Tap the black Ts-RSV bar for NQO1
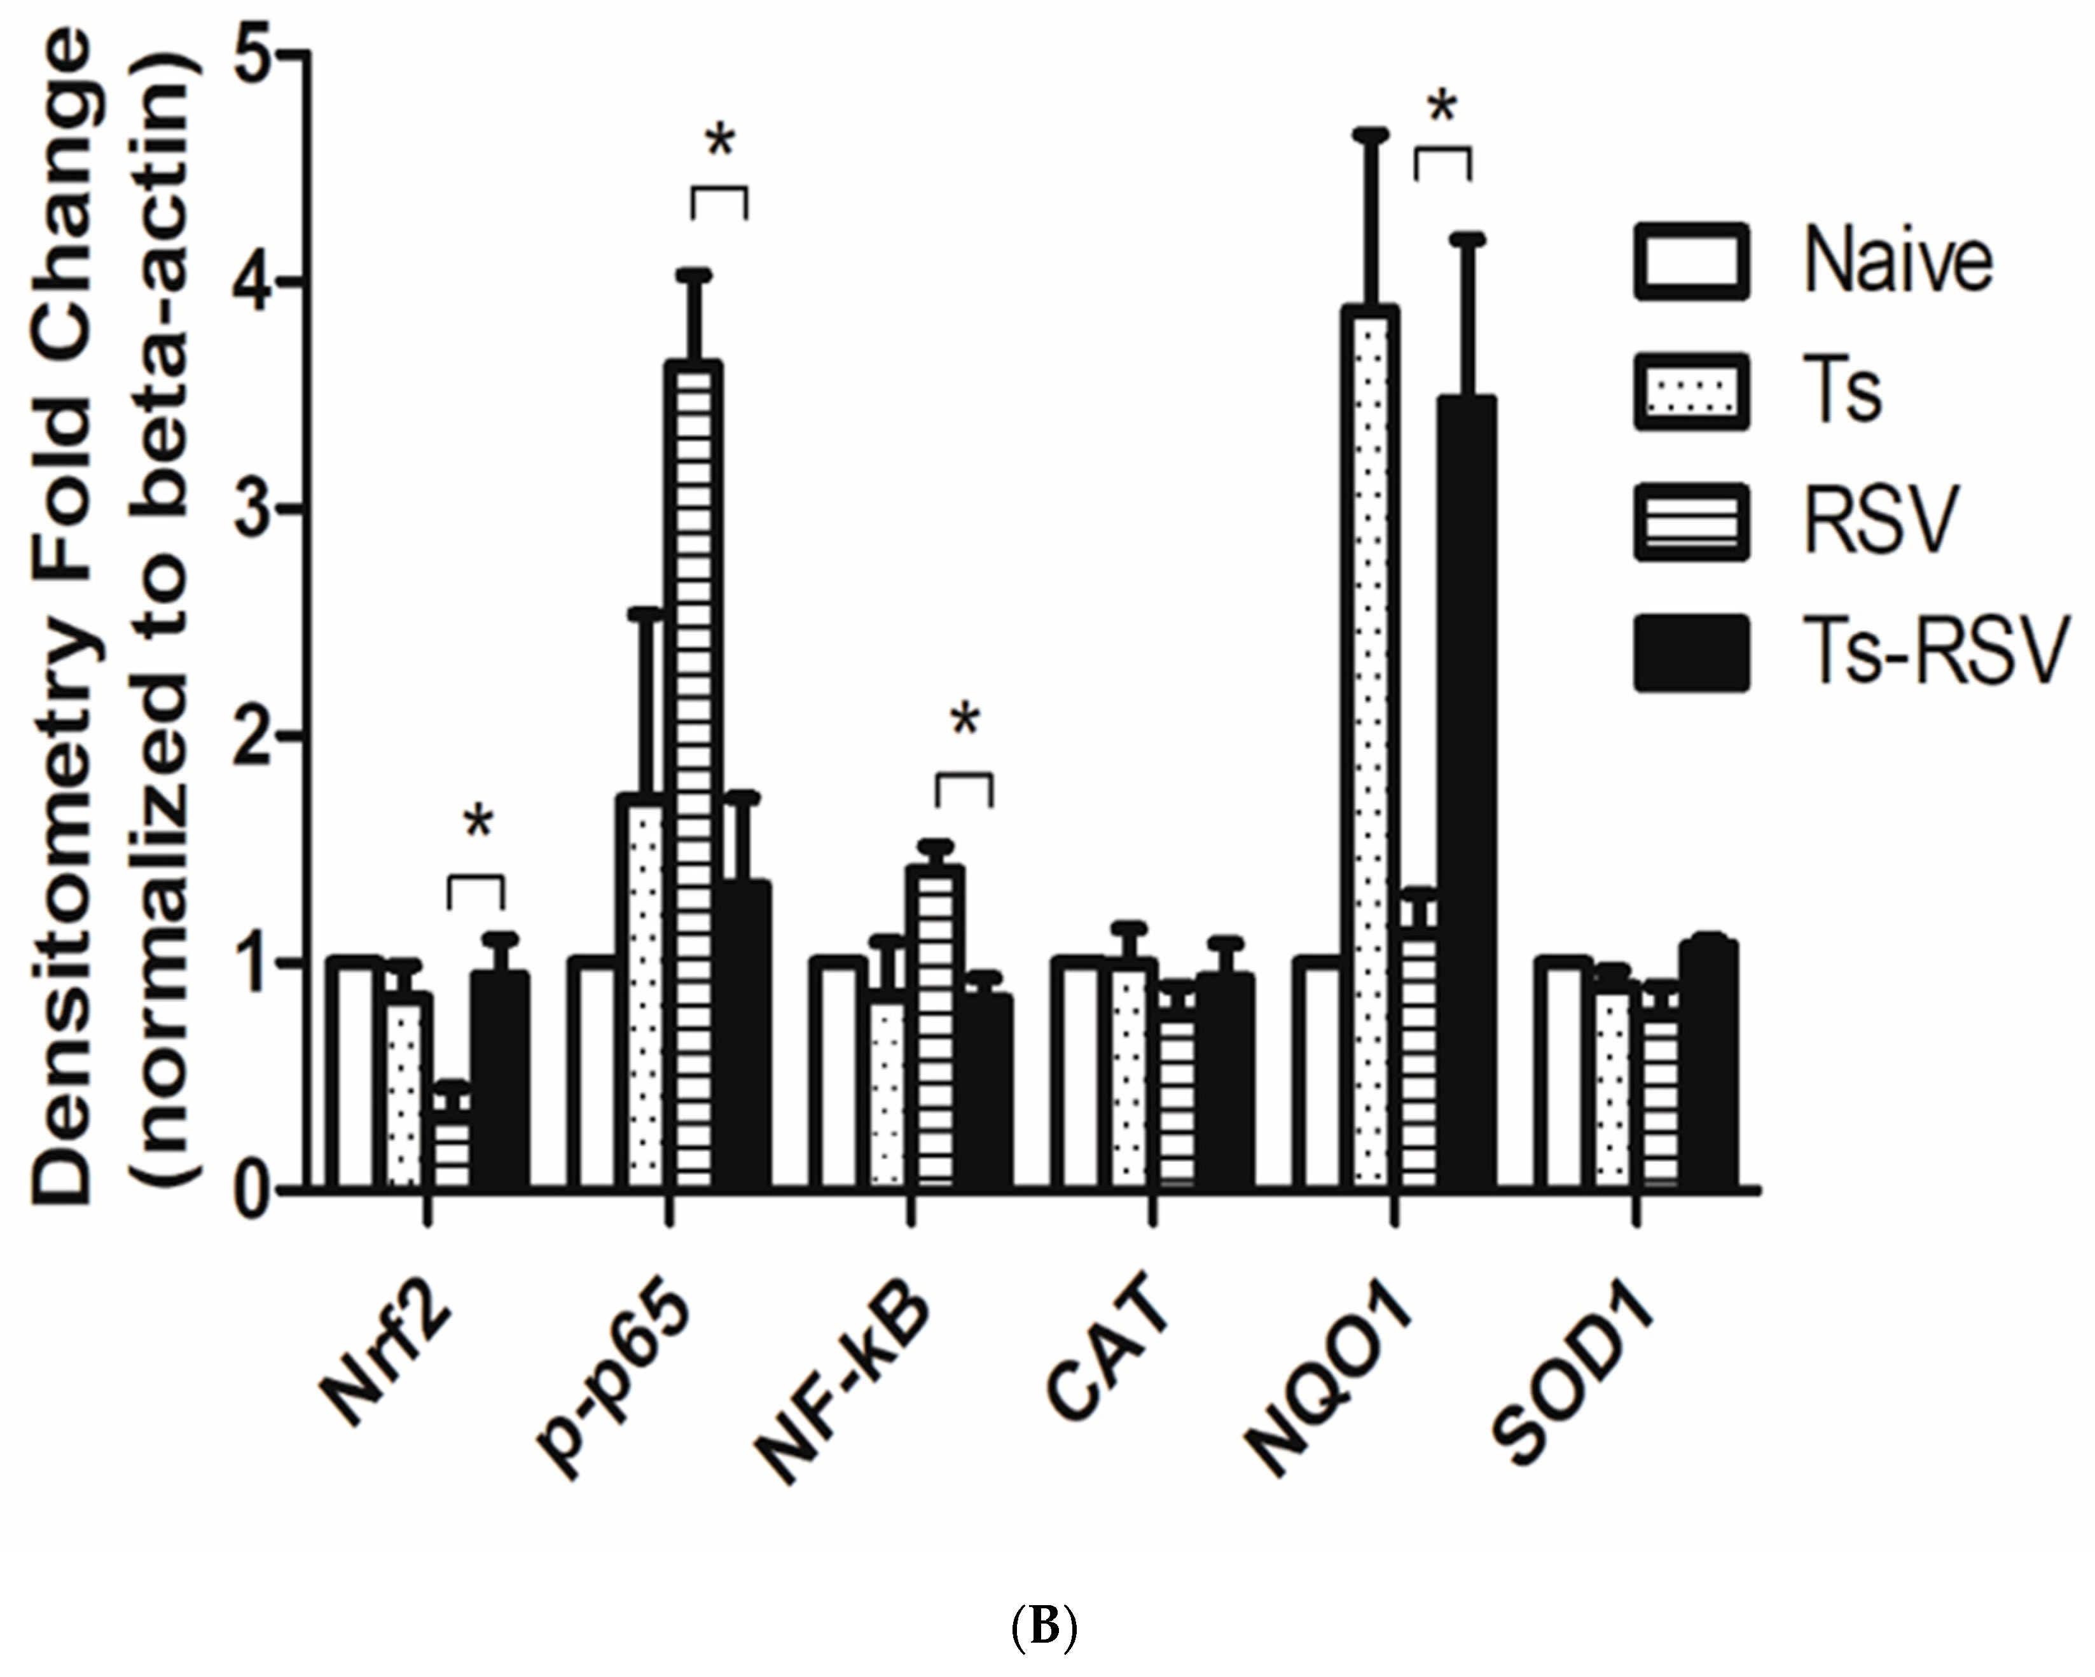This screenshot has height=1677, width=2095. pyautogui.click(x=1465, y=791)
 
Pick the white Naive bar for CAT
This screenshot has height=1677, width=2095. pyautogui.click(x=1086, y=1073)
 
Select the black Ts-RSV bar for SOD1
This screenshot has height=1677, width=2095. pyautogui.click(x=1706, y=1064)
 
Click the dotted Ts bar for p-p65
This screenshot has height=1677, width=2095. pyautogui.click(x=645, y=991)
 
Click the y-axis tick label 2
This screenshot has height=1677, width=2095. pyautogui.click(x=254, y=736)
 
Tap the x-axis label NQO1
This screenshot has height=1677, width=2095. pyautogui.click(x=1331, y=1384)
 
